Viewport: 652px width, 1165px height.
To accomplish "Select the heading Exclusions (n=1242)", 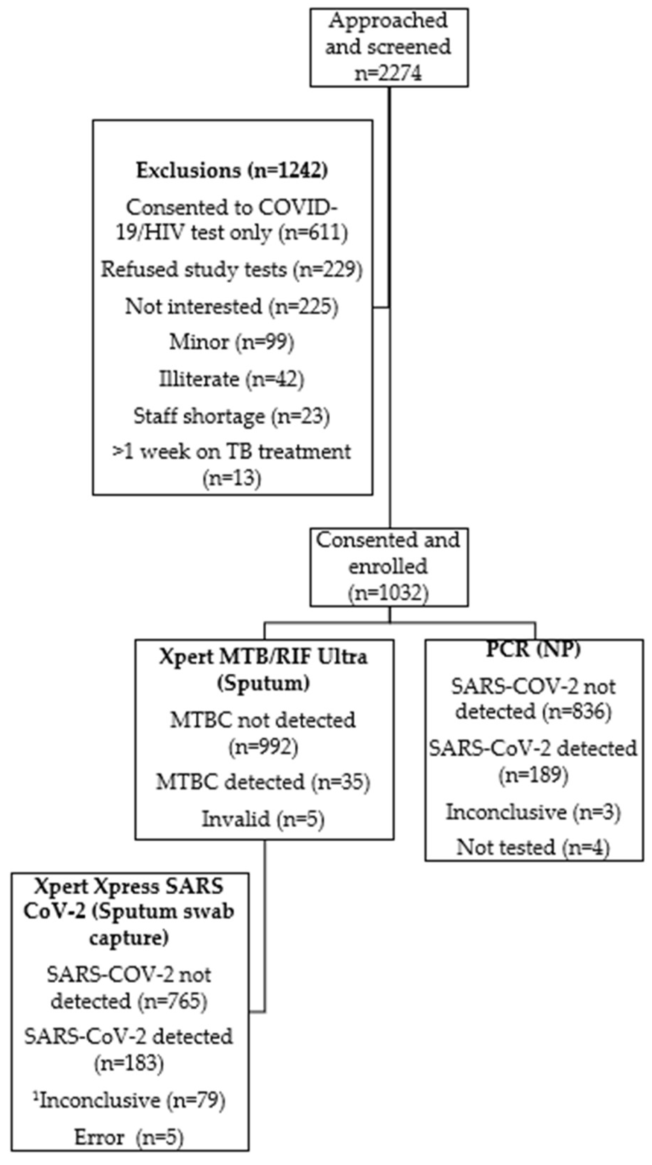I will [232, 171].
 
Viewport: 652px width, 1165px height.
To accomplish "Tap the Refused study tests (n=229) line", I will [232, 270].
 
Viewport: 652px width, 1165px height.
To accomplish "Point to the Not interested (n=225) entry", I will [232, 307].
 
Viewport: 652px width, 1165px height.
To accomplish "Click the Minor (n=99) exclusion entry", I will [232, 342].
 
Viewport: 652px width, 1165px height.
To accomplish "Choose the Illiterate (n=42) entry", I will [232, 379].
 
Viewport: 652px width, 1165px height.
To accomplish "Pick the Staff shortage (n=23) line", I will [232, 416].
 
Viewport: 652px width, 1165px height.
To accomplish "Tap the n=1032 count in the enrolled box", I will [388, 593].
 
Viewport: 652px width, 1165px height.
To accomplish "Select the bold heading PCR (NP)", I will [533, 650].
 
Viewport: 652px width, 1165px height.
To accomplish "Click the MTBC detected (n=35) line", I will [263, 782].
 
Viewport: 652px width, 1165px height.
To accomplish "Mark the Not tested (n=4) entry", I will [533, 847].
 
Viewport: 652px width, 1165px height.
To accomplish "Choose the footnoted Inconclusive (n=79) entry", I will [129, 1101].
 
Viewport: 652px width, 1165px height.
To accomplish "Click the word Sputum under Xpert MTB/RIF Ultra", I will [263, 683].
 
